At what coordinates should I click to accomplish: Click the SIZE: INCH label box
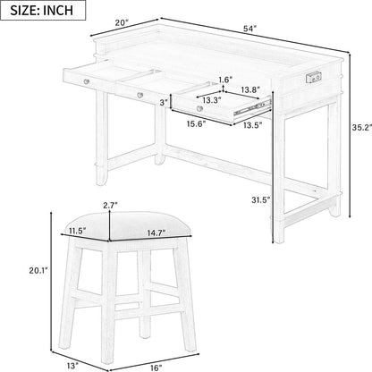[43, 10]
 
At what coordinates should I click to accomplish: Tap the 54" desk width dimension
[249, 29]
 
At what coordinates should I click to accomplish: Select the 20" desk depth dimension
[122, 23]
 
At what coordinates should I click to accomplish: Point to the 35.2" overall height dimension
[362, 128]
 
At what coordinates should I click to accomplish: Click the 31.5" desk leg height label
[260, 199]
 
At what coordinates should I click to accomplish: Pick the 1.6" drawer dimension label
[225, 80]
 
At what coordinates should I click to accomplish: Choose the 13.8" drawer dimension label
[250, 89]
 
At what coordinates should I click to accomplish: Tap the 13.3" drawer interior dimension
[212, 100]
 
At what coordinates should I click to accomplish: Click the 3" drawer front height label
[164, 103]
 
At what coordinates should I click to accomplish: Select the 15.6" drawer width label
[197, 123]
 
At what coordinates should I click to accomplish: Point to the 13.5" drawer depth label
[252, 125]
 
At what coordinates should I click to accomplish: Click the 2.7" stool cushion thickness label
[110, 205]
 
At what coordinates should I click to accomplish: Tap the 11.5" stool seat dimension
[77, 231]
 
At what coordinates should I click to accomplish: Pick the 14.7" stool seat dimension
[156, 232]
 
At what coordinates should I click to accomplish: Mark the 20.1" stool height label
[38, 270]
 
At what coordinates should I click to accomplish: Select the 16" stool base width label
[156, 368]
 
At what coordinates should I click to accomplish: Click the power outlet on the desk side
[314, 78]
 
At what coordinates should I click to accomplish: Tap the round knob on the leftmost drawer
[87, 81]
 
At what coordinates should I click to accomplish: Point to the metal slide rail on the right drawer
[253, 108]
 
